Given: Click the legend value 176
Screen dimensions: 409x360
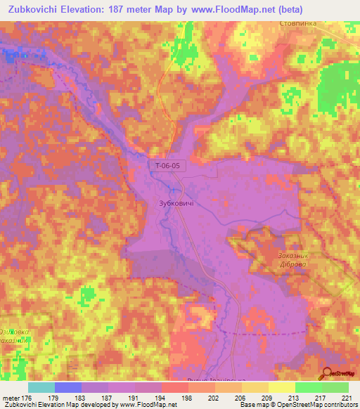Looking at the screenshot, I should (x=27, y=398).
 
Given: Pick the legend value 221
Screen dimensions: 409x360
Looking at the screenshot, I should (x=348, y=398).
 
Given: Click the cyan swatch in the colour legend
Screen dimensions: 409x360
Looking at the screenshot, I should (x=41, y=387).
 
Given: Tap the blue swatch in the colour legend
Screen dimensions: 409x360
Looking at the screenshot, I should (x=67, y=387).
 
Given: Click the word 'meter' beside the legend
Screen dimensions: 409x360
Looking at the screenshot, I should (x=11, y=398).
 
